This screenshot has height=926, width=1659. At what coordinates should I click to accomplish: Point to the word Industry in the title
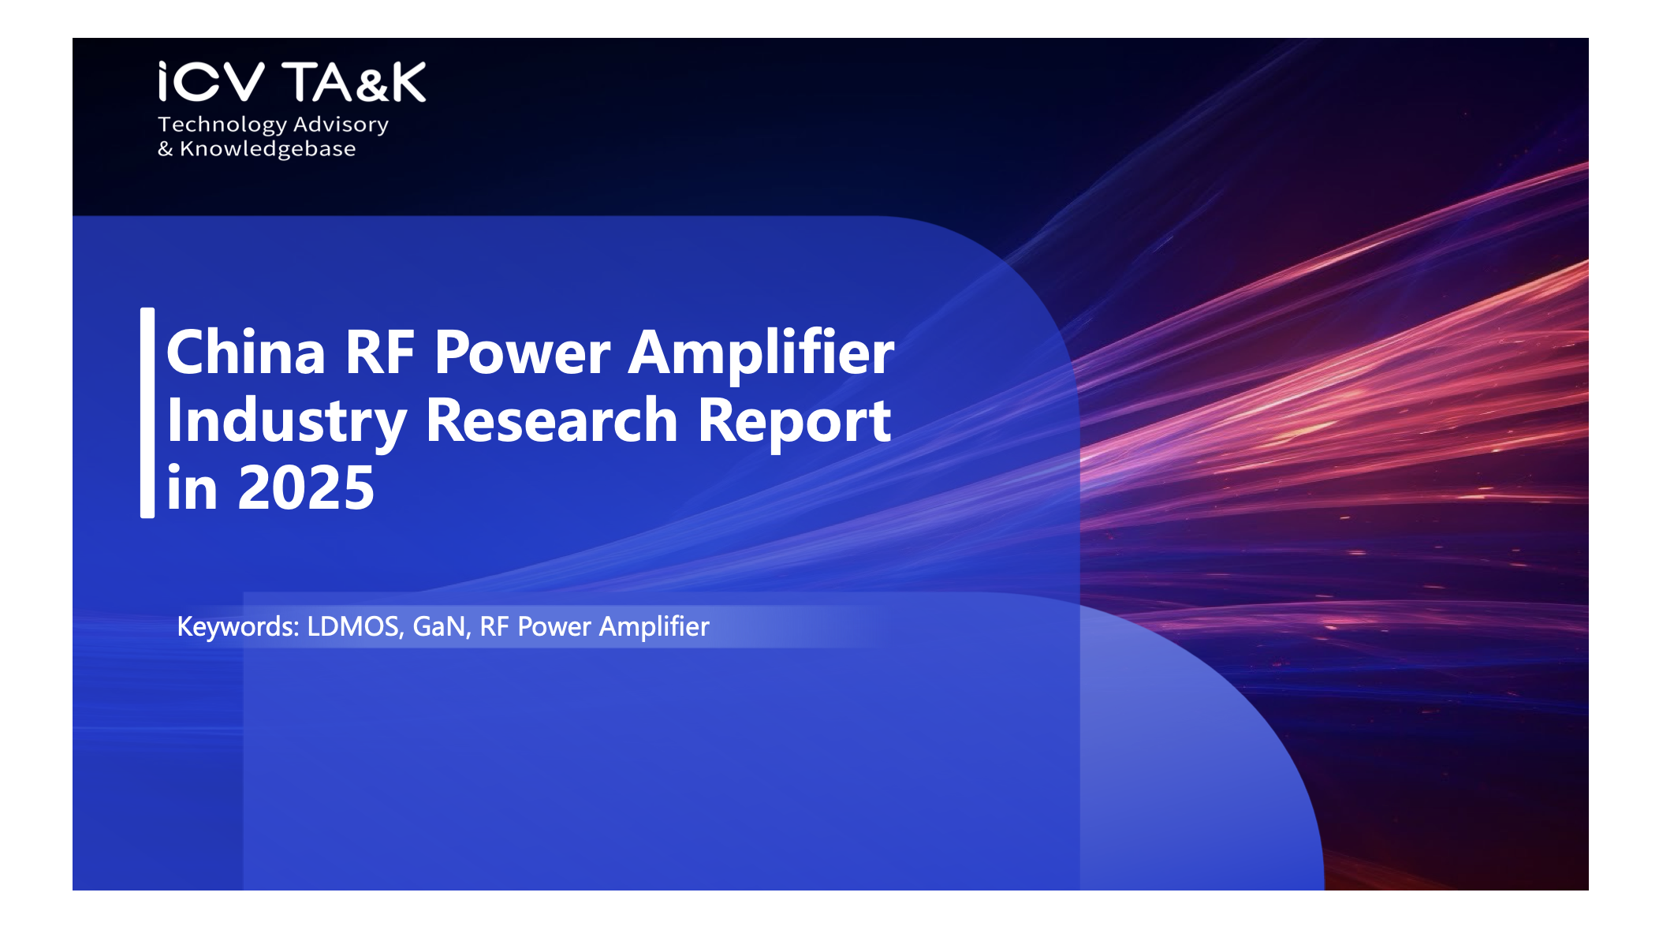287,423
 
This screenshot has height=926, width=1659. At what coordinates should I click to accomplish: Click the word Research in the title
552,420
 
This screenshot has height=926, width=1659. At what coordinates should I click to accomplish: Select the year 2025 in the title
306,488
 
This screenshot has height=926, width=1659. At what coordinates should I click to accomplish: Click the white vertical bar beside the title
147,413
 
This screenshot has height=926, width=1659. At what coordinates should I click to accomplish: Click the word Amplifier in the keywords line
654,627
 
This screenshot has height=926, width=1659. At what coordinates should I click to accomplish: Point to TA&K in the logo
354,82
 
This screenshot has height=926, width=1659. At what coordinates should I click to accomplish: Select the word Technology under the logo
222,125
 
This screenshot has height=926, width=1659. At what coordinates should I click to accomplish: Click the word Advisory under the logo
341,125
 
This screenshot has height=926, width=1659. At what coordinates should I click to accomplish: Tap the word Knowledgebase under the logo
268,149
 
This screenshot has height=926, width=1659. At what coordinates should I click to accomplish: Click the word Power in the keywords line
554,626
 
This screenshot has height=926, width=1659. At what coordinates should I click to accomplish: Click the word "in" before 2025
192,488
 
